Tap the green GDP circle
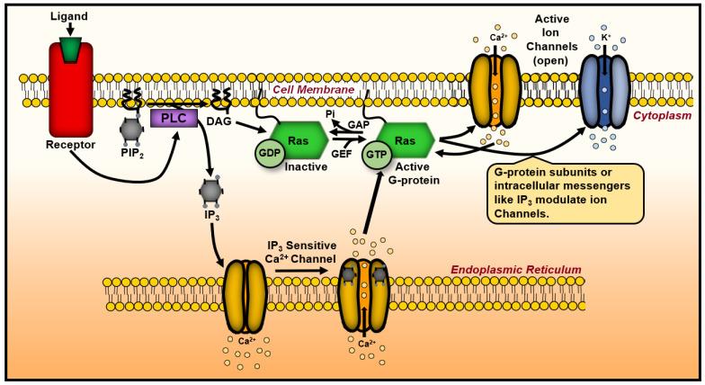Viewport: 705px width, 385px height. click(x=272, y=152)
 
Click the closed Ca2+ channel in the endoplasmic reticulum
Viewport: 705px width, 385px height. click(x=242, y=295)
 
